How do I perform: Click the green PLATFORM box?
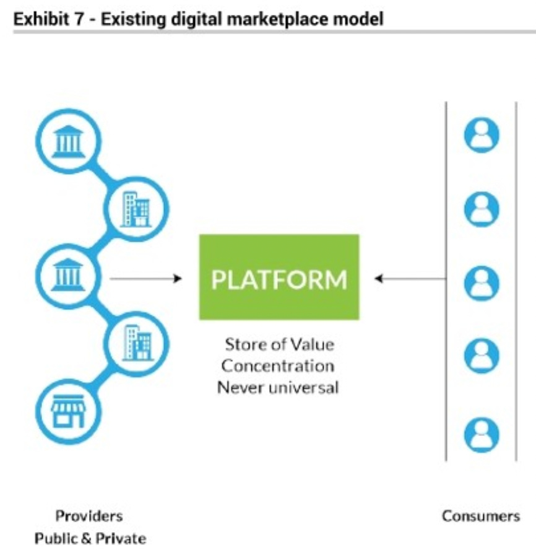pyautogui.click(x=279, y=277)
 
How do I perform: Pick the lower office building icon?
pyautogui.click(x=136, y=341)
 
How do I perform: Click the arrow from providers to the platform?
pyautogui.click(x=146, y=279)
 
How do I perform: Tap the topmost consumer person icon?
pyautogui.click(x=481, y=136)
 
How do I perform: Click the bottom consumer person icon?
pyautogui.click(x=481, y=432)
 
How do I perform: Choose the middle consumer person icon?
pyautogui.click(x=481, y=283)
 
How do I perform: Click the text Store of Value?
pyautogui.click(x=279, y=344)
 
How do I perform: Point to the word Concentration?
pyautogui.click(x=279, y=365)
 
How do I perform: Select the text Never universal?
pyautogui.click(x=279, y=388)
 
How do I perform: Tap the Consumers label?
pyautogui.click(x=481, y=516)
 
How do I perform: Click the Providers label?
pyautogui.click(x=89, y=516)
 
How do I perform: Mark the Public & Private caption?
pyautogui.click(x=90, y=538)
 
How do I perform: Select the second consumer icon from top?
pyautogui.click(x=481, y=209)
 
